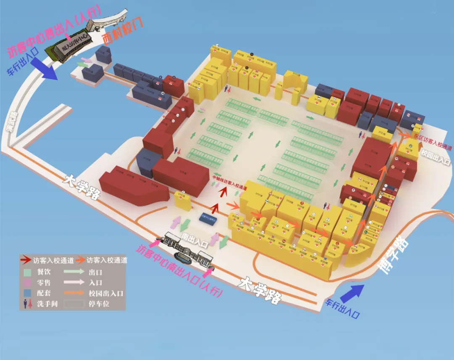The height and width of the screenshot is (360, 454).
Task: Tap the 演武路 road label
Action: [11, 122]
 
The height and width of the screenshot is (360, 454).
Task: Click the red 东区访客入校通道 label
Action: [432, 141]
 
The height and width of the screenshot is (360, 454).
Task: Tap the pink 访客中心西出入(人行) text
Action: [54, 32]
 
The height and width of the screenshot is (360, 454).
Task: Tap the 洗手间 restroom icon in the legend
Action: [28, 303]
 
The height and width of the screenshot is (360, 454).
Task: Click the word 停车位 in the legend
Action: [99, 303]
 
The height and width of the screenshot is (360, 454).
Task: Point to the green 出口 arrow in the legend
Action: [74, 272]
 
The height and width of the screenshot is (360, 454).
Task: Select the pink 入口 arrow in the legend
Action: [74, 282]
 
